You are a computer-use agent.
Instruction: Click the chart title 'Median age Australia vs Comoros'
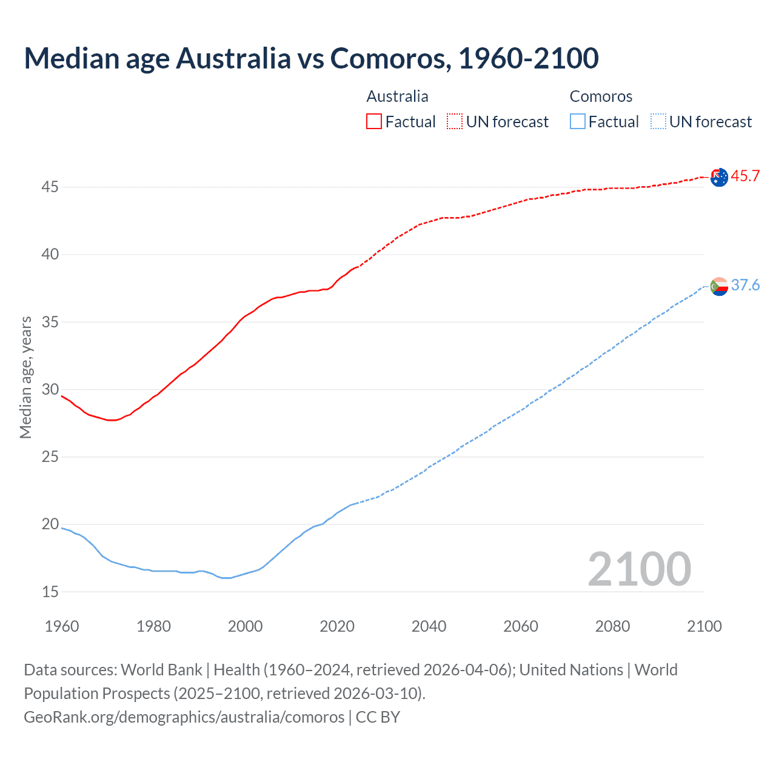(311, 58)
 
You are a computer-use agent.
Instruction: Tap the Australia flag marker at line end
(719, 177)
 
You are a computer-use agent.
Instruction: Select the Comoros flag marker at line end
(719, 286)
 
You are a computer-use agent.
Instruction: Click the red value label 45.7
(745, 176)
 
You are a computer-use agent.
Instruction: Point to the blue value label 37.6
(745, 285)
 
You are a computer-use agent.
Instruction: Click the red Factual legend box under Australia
(374, 122)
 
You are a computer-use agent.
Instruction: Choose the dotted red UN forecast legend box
(455, 122)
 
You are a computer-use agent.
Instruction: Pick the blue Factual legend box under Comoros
(578, 122)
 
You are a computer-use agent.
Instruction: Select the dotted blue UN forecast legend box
(658, 122)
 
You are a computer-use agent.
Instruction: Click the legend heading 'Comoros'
(601, 96)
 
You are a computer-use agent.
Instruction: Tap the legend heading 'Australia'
(397, 96)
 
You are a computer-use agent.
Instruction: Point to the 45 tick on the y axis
(50, 187)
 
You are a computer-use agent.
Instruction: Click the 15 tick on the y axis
(50, 592)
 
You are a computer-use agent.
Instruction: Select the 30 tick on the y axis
(50, 389)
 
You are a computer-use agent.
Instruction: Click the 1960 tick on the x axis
(62, 626)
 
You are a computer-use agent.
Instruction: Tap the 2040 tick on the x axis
(429, 626)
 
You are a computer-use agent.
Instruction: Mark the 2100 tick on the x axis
(704, 626)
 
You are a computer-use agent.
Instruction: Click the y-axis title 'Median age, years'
(25, 377)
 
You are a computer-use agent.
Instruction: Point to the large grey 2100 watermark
(639, 569)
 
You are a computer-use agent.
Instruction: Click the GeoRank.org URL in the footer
(184, 717)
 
